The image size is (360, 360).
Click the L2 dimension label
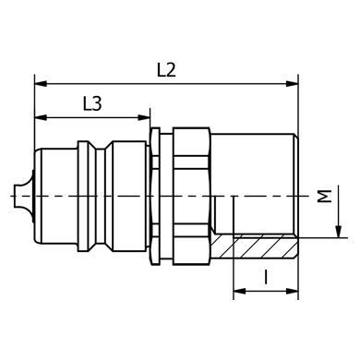166,70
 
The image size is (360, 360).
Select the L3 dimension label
92,103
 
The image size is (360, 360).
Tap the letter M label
325,197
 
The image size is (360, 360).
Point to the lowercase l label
266,277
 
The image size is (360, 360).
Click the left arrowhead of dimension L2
41,84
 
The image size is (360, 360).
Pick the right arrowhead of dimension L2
292,84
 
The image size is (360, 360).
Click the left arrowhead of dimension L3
41,117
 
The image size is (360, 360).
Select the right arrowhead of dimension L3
144,117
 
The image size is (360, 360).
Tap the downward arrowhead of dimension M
338,232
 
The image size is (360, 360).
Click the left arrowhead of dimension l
240,291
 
